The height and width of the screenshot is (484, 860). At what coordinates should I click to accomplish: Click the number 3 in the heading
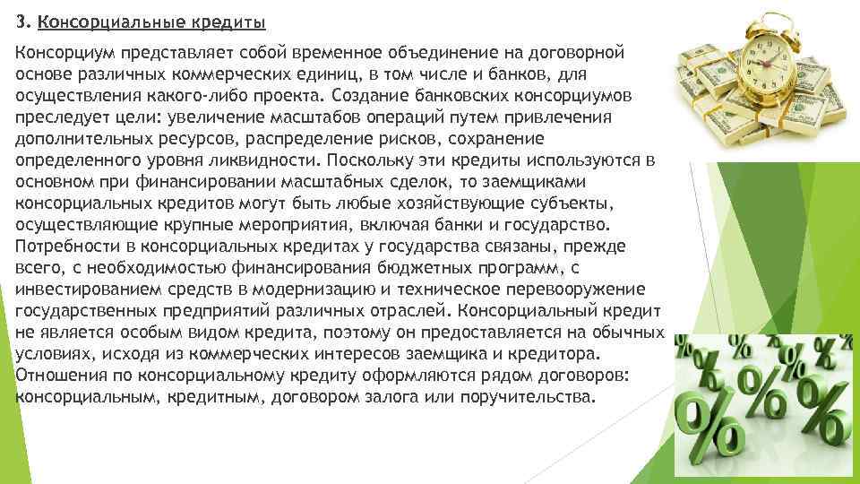(x=21, y=20)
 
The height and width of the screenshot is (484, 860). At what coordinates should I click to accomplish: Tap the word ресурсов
(x=174, y=139)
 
